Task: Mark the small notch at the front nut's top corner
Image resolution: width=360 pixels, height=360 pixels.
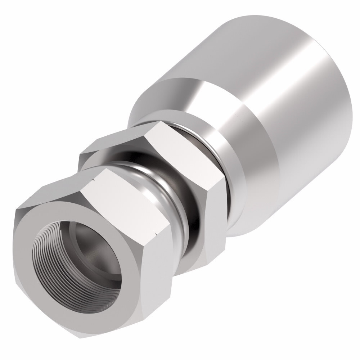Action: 94,179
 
